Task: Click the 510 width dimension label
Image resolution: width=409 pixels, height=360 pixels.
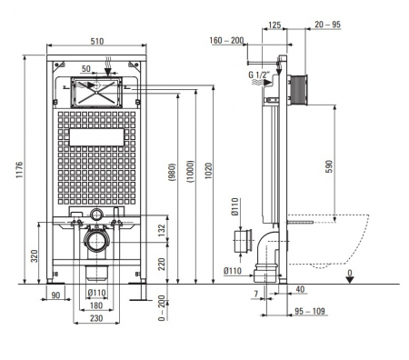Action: tap(97, 41)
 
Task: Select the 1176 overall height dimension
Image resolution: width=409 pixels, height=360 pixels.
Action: tap(19, 170)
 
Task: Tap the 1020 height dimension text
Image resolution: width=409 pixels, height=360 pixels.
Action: tap(208, 171)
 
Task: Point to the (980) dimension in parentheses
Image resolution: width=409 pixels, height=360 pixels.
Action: tap(172, 172)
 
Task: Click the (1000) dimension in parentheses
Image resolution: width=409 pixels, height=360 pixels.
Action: tap(190, 171)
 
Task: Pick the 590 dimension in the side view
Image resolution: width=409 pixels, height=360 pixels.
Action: tap(329, 166)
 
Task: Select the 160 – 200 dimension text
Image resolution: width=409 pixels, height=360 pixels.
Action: tap(226, 40)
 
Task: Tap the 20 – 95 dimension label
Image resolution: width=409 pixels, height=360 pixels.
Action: tap(327, 25)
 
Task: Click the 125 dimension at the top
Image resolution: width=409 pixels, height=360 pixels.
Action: tap(274, 25)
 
